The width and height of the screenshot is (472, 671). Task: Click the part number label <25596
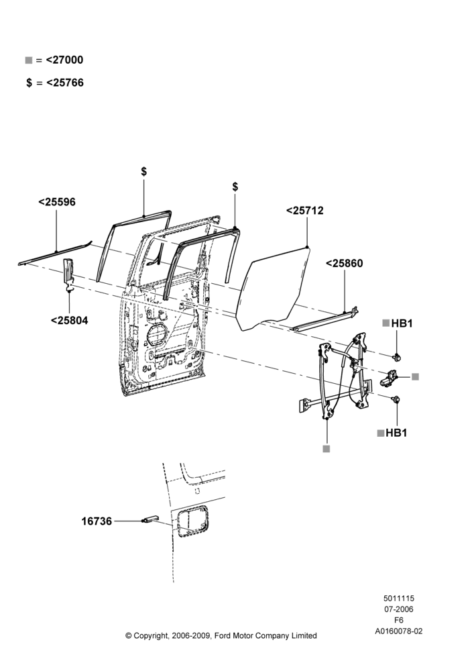pos(57,202)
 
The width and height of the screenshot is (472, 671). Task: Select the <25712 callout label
pos(305,211)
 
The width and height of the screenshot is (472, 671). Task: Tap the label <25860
pos(344,263)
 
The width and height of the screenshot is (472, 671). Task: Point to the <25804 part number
pos(69,320)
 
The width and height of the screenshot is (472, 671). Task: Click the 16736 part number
pos(97,521)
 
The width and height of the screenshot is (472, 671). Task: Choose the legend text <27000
pos(64,60)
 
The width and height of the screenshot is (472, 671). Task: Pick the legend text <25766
pos(65,83)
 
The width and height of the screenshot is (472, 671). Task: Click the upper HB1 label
pos(402,323)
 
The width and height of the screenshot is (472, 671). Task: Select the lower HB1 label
pos(396,433)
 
